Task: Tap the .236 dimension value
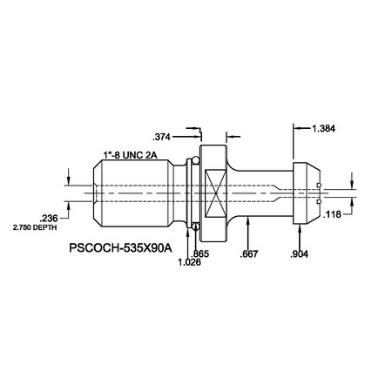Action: click(x=49, y=218)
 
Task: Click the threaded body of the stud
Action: click(x=139, y=191)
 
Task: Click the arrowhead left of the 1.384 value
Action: click(x=296, y=128)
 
